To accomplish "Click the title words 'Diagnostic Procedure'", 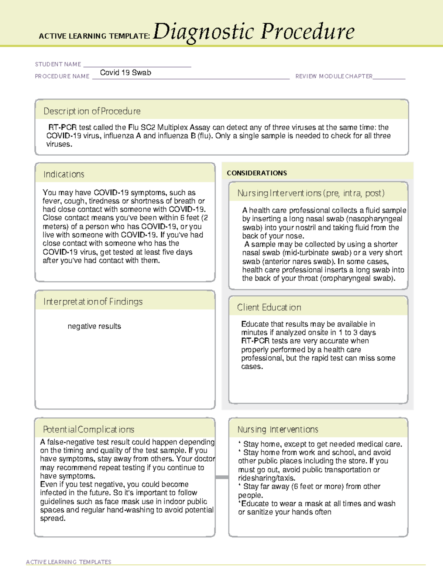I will [254, 32].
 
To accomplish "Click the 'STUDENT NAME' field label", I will [58, 64].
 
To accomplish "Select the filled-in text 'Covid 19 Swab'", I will [126, 73].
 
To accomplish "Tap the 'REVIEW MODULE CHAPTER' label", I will [334, 77].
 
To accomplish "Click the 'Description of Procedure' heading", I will [92, 111].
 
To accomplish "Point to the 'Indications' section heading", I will [64, 174].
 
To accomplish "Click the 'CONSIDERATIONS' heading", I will [257, 173].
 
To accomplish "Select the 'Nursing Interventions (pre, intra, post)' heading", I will [311, 193].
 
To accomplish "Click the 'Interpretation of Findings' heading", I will [93, 302].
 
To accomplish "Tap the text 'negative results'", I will [94, 326].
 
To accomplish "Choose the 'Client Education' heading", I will [269, 308].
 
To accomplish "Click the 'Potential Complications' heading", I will [89, 429].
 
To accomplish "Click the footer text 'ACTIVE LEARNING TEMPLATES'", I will [69, 562].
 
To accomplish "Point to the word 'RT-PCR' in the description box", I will [62, 128].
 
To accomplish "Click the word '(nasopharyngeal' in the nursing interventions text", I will [374, 219].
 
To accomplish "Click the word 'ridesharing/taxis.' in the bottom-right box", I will [267, 478].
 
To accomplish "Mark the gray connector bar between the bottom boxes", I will [222, 477].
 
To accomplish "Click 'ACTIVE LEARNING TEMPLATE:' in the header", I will [95, 36].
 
